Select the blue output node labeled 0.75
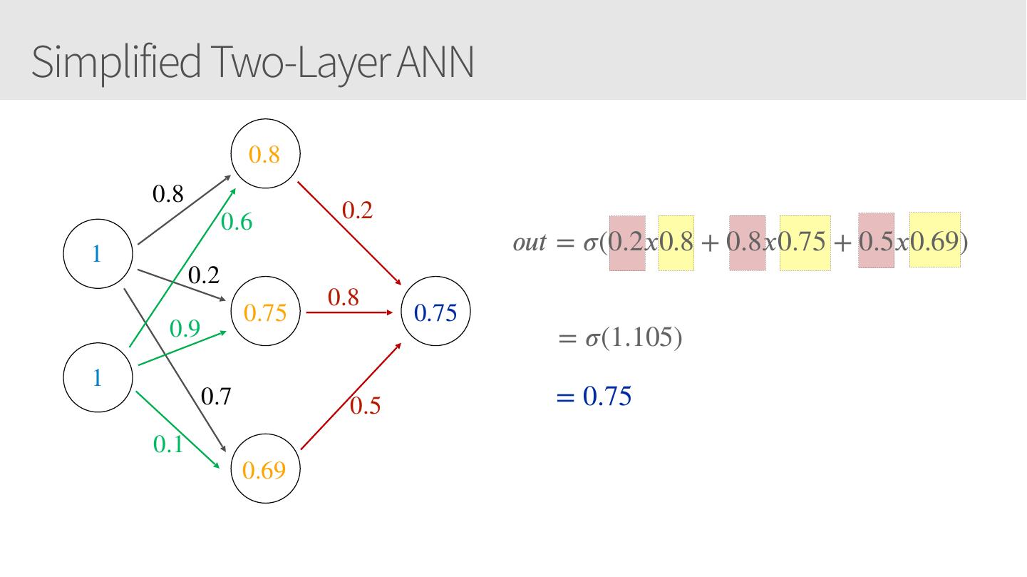(x=435, y=312)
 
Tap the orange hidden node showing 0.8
(x=265, y=154)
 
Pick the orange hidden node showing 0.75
(x=265, y=312)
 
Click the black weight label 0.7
(x=216, y=397)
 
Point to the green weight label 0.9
(x=185, y=329)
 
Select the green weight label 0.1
(x=168, y=444)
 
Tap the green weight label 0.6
(x=237, y=223)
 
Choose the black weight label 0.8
(x=168, y=193)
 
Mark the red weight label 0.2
(x=358, y=210)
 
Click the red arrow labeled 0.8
(x=349, y=312)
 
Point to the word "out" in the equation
(x=528, y=243)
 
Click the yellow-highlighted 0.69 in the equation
(x=934, y=242)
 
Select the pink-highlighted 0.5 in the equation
(x=876, y=242)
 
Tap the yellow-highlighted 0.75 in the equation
(x=805, y=243)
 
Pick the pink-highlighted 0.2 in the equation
(x=627, y=243)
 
